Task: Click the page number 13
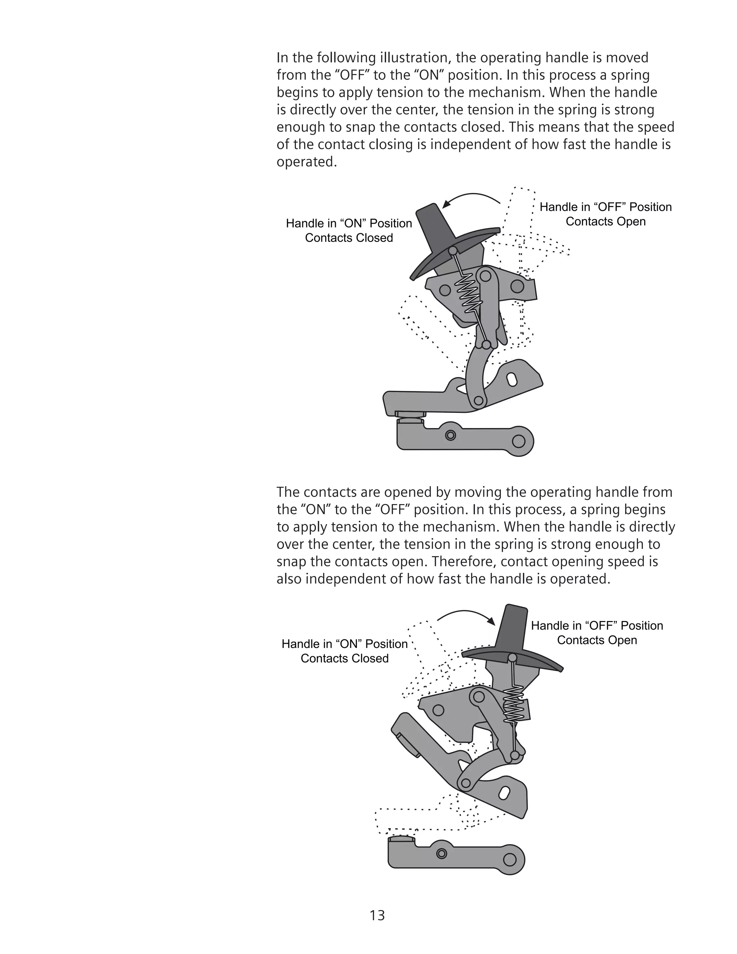point(377,915)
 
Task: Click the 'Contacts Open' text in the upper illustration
point(605,221)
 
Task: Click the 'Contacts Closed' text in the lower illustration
point(344,658)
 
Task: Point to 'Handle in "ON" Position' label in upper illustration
point(349,223)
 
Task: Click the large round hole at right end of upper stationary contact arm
point(518,441)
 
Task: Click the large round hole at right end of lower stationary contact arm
point(510,860)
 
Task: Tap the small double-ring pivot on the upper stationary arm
point(451,435)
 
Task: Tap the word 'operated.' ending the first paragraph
point(307,162)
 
